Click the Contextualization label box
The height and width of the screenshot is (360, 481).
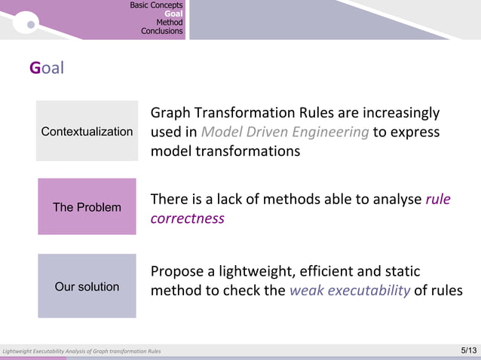click(x=87, y=131)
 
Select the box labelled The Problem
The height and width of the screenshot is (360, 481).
click(x=87, y=206)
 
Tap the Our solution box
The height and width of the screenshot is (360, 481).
click(x=87, y=286)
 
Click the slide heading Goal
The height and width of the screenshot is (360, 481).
click(x=47, y=69)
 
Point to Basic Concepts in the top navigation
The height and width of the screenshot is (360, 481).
click(x=156, y=5)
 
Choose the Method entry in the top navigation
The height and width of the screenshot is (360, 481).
click(x=169, y=23)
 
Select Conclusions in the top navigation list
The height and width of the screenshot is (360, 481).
click(x=161, y=32)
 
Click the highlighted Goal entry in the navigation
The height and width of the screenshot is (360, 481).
click(x=173, y=14)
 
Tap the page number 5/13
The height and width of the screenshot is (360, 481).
click(x=467, y=351)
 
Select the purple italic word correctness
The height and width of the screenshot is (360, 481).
click(x=187, y=218)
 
